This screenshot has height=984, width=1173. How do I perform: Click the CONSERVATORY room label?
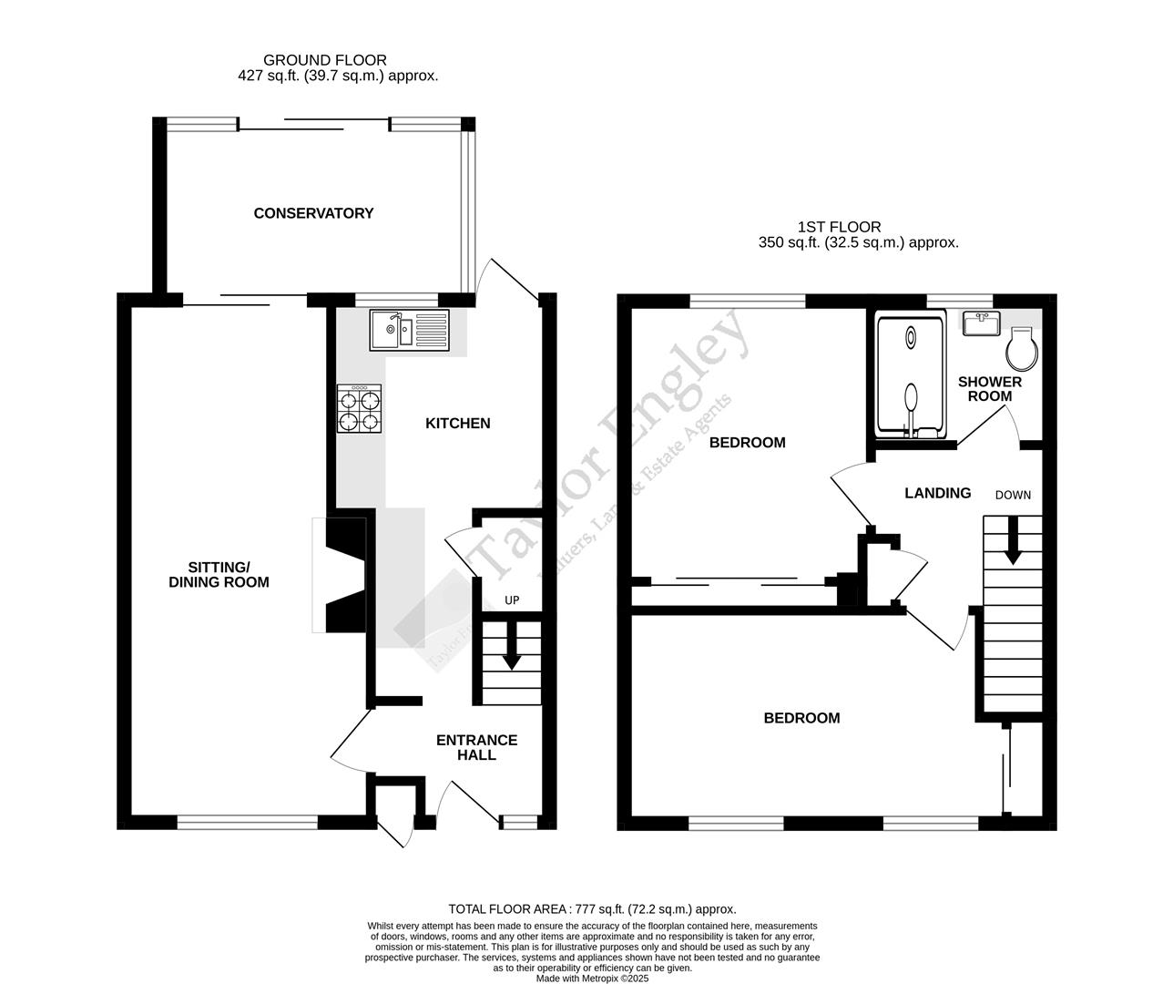coord(313,213)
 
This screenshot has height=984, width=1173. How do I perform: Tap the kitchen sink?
coord(409,330)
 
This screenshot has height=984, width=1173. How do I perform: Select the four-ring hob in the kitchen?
coord(359,408)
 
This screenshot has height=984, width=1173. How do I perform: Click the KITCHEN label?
coord(458,423)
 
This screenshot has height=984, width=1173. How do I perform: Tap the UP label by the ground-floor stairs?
coord(512,600)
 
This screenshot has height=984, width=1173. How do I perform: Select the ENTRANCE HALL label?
coord(476,747)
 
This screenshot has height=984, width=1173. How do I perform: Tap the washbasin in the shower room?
coord(981,323)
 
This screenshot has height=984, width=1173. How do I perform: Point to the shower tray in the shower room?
coord(910,374)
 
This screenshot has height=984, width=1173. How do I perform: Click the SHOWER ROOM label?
coord(989,389)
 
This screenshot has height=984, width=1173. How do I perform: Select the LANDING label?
coord(937,493)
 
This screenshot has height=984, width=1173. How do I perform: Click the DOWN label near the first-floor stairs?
coord(1013,495)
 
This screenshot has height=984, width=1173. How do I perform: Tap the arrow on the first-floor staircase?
coord(1012,546)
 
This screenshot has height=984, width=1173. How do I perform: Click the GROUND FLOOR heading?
coord(325,60)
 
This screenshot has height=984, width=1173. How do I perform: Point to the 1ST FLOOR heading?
coord(839,227)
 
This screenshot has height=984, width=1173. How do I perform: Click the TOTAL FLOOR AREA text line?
coord(592,908)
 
